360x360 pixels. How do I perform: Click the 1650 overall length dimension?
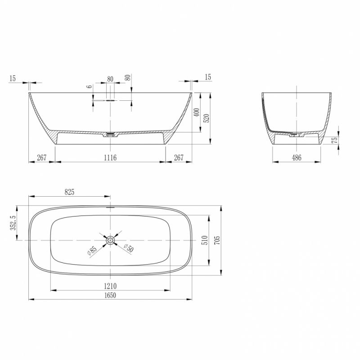click(x=110, y=295)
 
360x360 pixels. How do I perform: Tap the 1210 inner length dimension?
click(x=110, y=286)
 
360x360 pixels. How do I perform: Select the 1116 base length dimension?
click(x=110, y=157)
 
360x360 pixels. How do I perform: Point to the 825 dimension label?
click(x=69, y=192)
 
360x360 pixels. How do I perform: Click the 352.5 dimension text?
click(x=13, y=223)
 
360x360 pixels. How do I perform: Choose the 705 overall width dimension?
click(x=217, y=240)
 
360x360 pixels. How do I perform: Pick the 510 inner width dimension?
click(x=205, y=240)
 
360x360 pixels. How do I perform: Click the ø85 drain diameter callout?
click(x=92, y=251)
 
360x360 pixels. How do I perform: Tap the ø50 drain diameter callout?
click(x=129, y=248)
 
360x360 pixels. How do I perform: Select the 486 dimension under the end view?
click(x=297, y=157)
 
